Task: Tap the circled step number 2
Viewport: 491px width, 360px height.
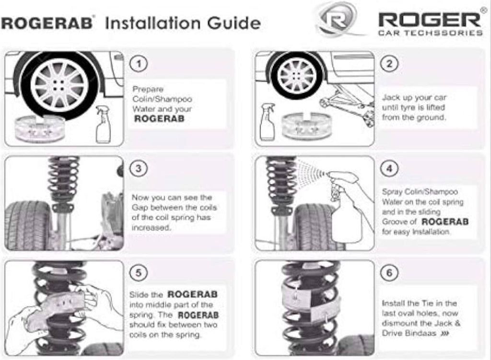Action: pyautogui.click(x=389, y=64)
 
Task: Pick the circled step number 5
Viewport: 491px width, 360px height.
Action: pyautogui.click(x=138, y=273)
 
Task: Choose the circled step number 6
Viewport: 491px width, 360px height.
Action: pyautogui.click(x=389, y=273)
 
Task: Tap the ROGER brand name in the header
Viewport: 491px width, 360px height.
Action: pyautogui.click(x=430, y=19)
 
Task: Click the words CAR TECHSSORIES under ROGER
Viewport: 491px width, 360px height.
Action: pyautogui.click(x=430, y=33)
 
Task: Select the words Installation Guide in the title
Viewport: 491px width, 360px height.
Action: pyautogui.click(x=183, y=23)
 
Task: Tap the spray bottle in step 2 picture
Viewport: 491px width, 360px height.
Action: pyautogui.click(x=267, y=122)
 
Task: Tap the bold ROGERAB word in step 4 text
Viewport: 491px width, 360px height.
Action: pyautogui.click(x=445, y=222)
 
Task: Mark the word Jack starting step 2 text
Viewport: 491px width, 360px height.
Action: pyautogui.click(x=391, y=97)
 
